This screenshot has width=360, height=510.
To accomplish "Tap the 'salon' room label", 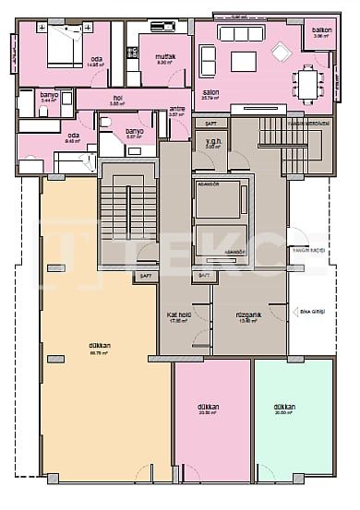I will pos(210,92).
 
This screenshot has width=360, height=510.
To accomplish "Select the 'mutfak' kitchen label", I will pos(165,56).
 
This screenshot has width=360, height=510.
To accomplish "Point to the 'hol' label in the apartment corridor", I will pos(117,97).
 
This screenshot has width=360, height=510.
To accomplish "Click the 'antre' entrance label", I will pos(177,109).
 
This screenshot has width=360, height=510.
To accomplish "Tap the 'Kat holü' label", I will pos(178,315).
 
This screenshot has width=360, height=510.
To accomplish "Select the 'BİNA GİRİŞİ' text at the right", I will pos(301,313).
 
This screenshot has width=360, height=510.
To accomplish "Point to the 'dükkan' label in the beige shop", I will pos(101,347).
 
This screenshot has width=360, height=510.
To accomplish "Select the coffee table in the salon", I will pos(245,61).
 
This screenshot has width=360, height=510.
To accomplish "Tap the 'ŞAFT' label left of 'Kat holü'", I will pos(145,276).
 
